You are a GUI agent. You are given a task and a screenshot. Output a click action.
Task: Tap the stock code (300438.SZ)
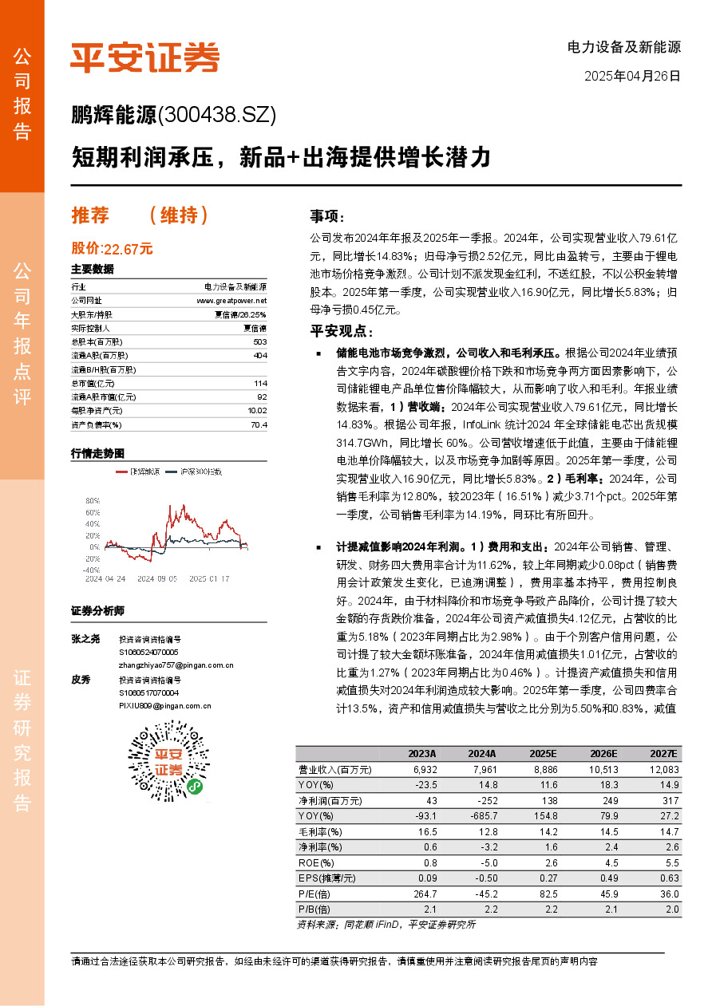point(217,116)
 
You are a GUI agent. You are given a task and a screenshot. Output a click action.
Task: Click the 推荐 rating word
point(89,215)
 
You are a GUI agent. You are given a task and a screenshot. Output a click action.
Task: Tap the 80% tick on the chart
point(93,501)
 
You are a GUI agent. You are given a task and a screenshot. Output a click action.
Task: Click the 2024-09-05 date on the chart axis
point(156,578)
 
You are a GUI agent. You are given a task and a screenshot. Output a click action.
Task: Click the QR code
point(168,760)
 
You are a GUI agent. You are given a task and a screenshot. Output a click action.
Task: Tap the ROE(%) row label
point(314,862)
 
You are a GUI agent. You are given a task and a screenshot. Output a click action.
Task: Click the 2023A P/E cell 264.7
point(423,893)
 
